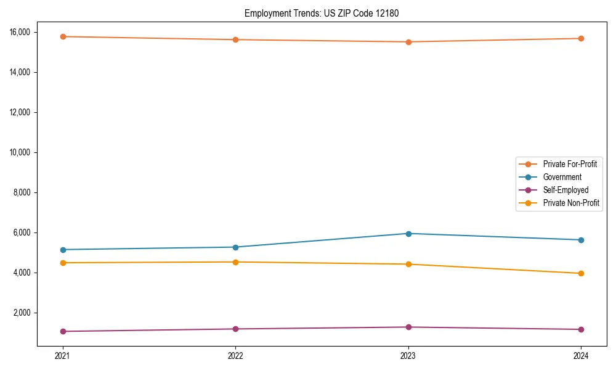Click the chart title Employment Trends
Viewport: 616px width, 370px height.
[322, 14]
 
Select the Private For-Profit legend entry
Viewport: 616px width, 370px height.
[569, 164]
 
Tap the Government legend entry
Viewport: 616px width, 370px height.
[562, 177]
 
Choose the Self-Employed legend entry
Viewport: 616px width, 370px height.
[565, 190]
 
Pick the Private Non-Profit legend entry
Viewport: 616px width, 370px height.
[571, 203]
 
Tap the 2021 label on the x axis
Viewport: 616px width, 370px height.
[62, 356]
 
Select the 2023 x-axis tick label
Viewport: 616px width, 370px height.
[408, 356]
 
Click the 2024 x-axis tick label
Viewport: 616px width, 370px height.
[581, 356]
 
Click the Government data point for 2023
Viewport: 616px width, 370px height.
[408, 234]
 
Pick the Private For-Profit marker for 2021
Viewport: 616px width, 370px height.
[62, 36]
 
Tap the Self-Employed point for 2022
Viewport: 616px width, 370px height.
[235, 329]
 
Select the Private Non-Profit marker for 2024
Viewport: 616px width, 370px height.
[581, 273]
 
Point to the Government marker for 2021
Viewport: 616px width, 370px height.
[62, 250]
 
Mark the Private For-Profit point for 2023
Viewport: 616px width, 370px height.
[408, 42]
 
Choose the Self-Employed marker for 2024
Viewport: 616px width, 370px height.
[581, 329]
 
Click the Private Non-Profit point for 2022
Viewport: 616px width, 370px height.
[235, 262]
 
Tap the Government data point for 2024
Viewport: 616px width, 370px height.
[581, 240]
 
